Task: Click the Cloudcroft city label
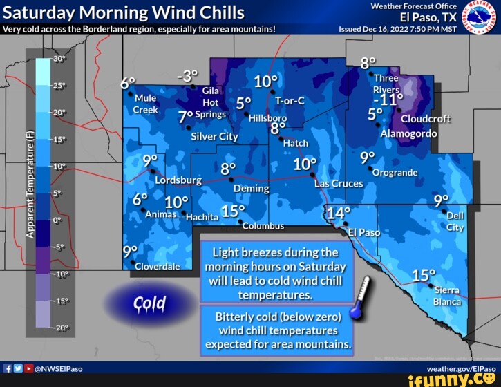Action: tap(425, 118)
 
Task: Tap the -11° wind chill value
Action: tap(390, 100)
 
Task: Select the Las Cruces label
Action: tap(338, 184)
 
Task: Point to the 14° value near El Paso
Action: tap(339, 213)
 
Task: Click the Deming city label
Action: tap(251, 188)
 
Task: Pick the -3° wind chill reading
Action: tap(187, 76)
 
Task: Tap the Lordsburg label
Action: tap(178, 180)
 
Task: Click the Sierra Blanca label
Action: tap(446, 296)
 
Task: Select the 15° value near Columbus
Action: tap(234, 211)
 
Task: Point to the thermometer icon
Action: tap(361, 297)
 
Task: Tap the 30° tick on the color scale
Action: tap(58, 59)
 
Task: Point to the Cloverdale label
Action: tap(158, 266)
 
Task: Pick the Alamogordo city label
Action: tap(408, 133)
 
